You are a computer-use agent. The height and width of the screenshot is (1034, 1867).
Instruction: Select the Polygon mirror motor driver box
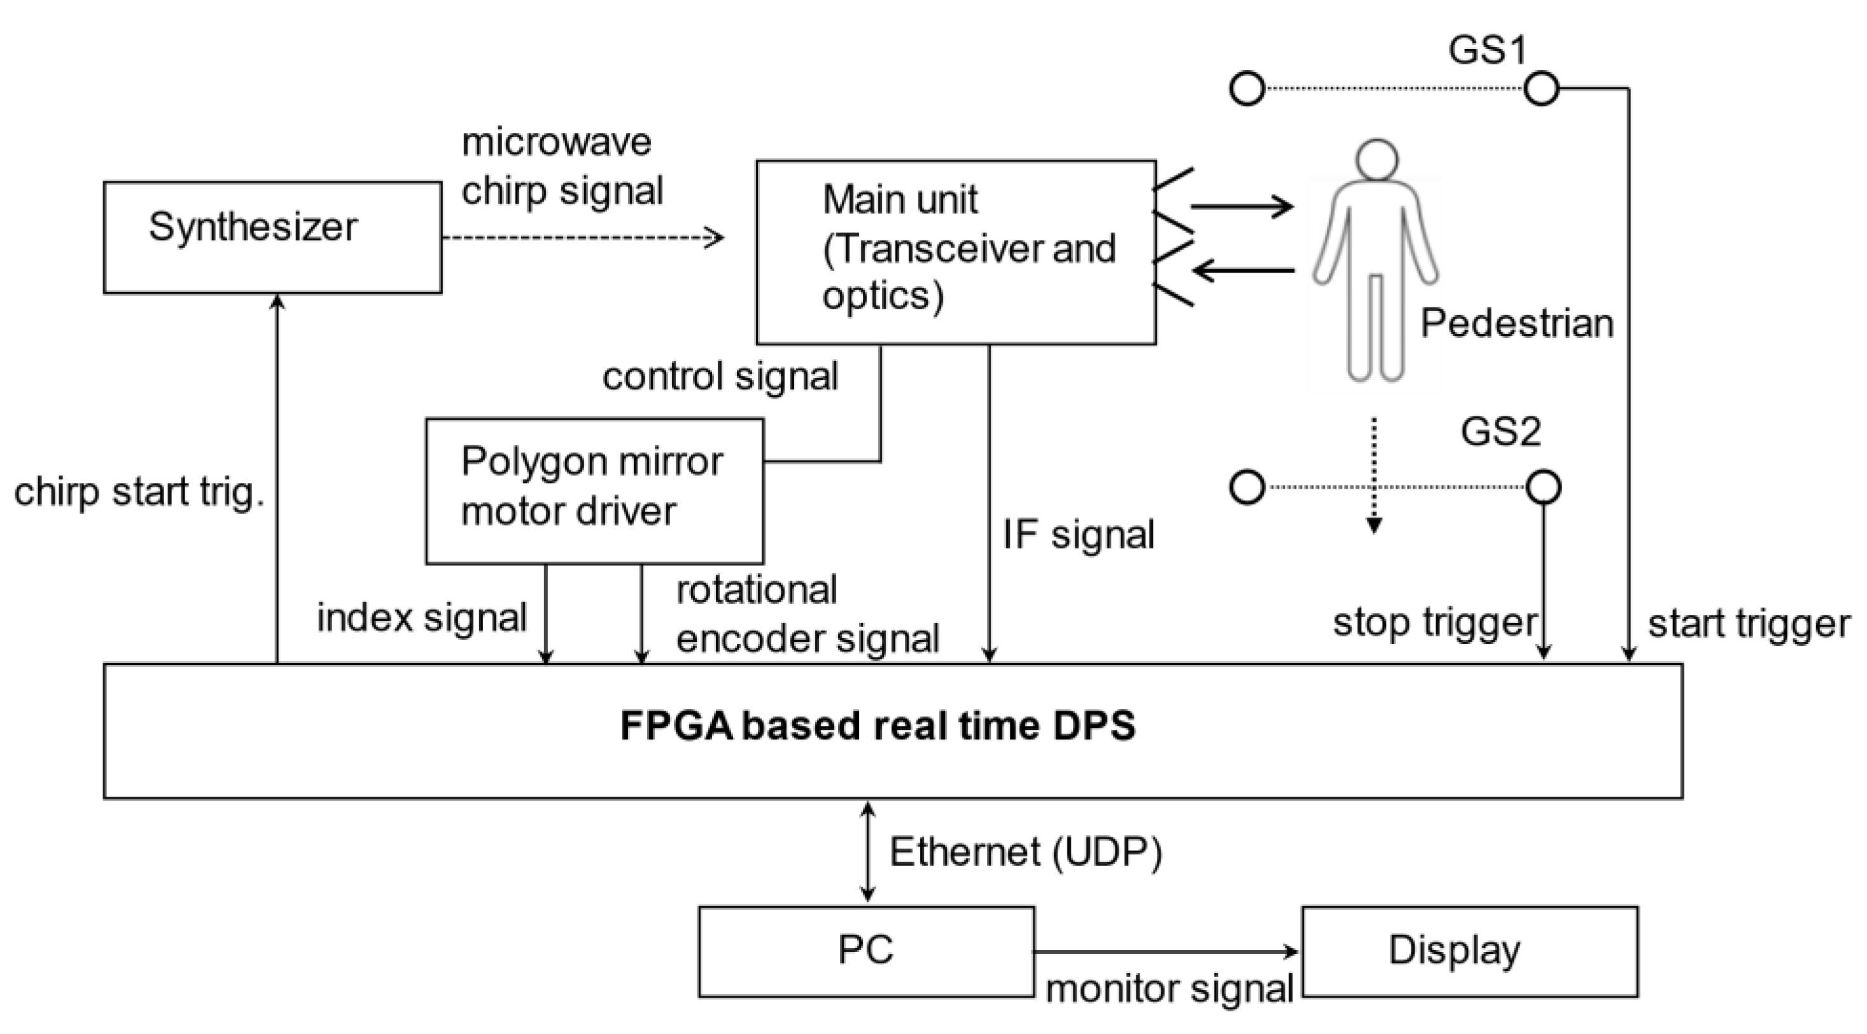[x=594, y=491]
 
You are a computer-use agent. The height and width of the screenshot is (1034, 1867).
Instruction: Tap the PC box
[x=865, y=951]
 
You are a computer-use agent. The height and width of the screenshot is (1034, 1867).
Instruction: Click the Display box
[x=1469, y=951]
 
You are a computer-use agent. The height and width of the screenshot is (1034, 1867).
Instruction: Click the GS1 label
[x=1487, y=51]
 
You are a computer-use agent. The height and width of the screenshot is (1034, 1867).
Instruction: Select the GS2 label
[x=1500, y=432]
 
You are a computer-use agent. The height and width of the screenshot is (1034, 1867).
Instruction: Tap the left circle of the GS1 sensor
[x=1247, y=89]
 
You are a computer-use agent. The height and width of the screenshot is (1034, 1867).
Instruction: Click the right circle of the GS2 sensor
[x=1543, y=487]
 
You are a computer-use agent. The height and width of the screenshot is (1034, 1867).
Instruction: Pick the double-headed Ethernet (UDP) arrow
[x=867, y=852]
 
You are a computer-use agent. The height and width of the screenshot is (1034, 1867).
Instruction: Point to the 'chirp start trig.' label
[x=139, y=493]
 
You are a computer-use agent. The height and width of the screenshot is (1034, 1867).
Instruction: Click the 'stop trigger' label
[x=1434, y=622]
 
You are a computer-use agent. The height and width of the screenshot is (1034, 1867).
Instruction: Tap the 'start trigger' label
[x=1749, y=623]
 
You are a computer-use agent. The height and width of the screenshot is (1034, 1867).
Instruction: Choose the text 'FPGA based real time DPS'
[x=877, y=726]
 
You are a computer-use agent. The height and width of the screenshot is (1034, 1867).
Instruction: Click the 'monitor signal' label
[x=1169, y=989]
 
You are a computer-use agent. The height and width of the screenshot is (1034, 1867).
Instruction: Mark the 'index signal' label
[x=422, y=618]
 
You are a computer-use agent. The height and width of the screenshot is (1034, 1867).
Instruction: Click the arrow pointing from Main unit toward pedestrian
[x=1241, y=207]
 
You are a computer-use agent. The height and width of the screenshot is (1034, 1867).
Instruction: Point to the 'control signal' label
[x=720, y=377]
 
